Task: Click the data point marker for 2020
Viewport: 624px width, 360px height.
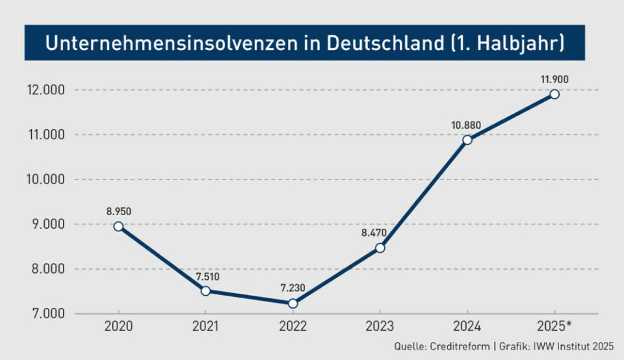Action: click(118, 226)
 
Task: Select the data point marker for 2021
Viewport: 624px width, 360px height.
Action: click(205, 291)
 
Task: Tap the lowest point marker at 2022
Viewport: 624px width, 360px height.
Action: click(292, 303)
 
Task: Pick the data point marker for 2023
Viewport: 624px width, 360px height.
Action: click(380, 248)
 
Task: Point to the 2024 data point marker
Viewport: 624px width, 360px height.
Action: click(467, 140)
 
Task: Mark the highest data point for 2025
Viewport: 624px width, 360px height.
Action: click(554, 94)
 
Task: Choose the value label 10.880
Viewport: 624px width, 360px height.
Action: click(467, 124)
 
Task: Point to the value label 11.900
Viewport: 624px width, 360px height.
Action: click(554, 79)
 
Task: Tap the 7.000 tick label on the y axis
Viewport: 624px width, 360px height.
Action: click(46, 314)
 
